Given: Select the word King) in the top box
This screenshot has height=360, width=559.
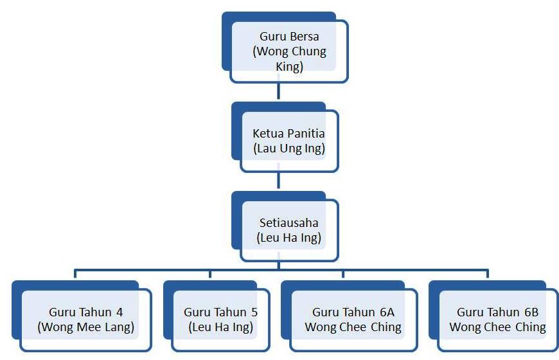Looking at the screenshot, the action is pyautogui.click(x=289, y=67).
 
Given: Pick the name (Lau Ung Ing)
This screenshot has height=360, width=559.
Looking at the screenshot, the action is pyautogui.click(x=289, y=148).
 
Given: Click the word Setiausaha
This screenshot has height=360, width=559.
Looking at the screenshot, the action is pyautogui.click(x=288, y=222).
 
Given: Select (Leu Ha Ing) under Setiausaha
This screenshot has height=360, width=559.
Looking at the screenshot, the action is pyautogui.click(x=288, y=238).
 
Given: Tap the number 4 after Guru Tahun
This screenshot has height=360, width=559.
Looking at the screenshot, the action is pyautogui.click(x=120, y=312).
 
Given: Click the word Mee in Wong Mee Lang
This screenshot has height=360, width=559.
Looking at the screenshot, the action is pyautogui.click(x=89, y=327).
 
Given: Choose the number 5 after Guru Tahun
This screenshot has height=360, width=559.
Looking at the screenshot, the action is pyautogui.click(x=254, y=312).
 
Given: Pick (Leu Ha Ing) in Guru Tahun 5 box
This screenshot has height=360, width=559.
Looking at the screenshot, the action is pyautogui.click(x=220, y=327).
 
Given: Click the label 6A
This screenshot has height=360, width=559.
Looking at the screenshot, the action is pyautogui.click(x=387, y=312).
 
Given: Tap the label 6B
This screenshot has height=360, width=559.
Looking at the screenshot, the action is pyautogui.click(x=531, y=312).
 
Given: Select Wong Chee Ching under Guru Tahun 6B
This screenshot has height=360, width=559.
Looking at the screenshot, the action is pyautogui.click(x=497, y=327).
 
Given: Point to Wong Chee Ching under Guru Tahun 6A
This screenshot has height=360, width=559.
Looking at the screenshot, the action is pyautogui.click(x=353, y=327).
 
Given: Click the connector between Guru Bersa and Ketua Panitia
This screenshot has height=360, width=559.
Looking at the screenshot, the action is pyautogui.click(x=278, y=91).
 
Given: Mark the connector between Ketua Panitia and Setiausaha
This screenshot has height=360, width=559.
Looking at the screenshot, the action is pyautogui.click(x=278, y=180).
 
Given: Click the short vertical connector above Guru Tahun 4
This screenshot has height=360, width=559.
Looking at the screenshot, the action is pyautogui.click(x=75, y=274).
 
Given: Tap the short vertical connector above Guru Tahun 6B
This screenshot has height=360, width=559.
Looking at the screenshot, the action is pyautogui.click(x=487, y=274).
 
